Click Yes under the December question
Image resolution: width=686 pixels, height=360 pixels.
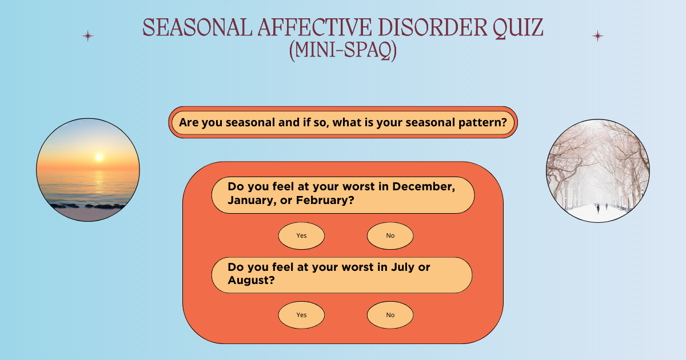pos(301,235)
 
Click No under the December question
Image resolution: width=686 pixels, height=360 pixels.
pos(390,235)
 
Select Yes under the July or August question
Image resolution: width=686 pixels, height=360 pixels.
pos(301,315)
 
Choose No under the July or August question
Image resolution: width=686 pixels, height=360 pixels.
pos(390,315)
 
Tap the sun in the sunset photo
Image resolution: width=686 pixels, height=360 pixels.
pos(99,157)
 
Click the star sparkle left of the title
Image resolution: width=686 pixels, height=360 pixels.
pos(87,36)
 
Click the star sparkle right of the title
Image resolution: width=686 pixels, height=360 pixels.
pos(597,36)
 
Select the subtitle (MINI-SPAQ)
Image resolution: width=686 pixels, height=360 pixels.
pos(343,51)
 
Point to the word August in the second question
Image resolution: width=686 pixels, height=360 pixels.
pos(250,281)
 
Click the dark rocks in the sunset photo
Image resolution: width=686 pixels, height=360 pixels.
pos(86,206)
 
